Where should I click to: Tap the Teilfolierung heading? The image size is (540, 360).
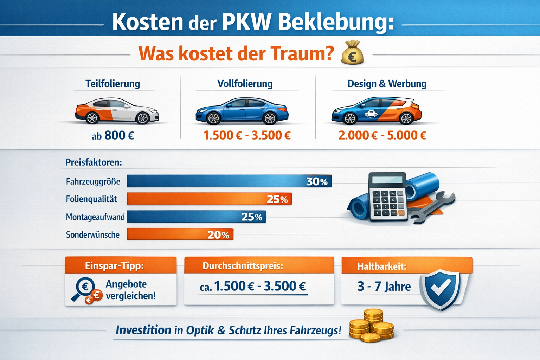[x=112, y=84]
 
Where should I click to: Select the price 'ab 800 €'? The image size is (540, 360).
[x=113, y=135]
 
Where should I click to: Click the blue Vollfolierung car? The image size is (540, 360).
[x=242, y=111]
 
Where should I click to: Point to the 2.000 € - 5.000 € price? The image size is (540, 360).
[x=382, y=135]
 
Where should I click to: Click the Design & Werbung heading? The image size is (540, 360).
[x=387, y=84]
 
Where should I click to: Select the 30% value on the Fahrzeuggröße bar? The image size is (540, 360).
[x=317, y=181]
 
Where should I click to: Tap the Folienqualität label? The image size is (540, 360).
[x=91, y=199]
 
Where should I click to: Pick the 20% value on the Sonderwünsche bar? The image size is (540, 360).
[x=218, y=235]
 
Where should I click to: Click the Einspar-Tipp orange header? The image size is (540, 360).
[x=121, y=265]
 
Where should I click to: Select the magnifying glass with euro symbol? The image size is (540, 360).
[x=84, y=288]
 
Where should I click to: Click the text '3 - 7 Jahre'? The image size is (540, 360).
[x=384, y=287]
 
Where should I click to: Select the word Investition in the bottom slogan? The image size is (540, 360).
[x=143, y=330]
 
